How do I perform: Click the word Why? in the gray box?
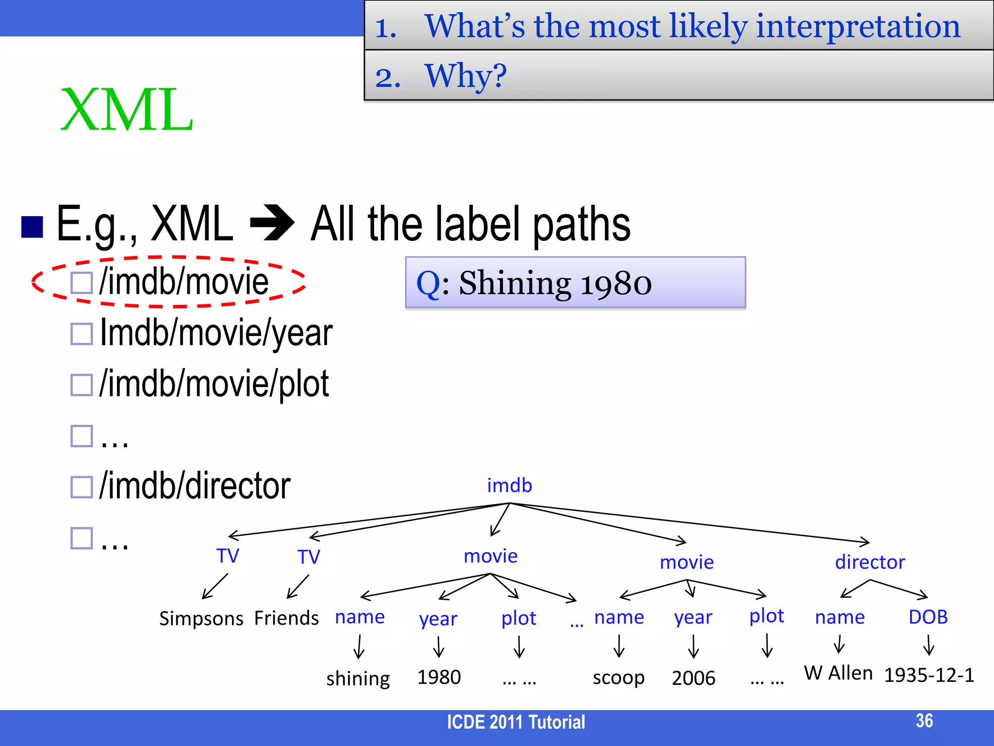point(465,76)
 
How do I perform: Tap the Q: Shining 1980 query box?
point(575,283)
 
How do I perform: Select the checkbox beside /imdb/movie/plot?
point(82,385)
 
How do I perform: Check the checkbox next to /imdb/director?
point(82,487)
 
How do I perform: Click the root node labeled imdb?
point(509,485)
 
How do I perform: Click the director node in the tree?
point(870,562)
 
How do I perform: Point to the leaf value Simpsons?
point(201,618)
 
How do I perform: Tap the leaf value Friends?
point(286,618)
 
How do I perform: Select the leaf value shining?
point(358,678)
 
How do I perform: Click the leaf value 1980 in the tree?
point(439,677)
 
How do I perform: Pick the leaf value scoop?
point(618,678)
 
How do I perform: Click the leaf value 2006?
point(694,678)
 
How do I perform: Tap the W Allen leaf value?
point(838,673)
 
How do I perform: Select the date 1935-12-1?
point(929,675)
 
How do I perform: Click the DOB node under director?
point(928,617)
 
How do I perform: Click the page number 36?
point(924,721)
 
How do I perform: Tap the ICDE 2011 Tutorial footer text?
point(516,722)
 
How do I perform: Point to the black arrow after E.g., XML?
point(272,223)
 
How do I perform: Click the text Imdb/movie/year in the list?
point(216,333)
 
